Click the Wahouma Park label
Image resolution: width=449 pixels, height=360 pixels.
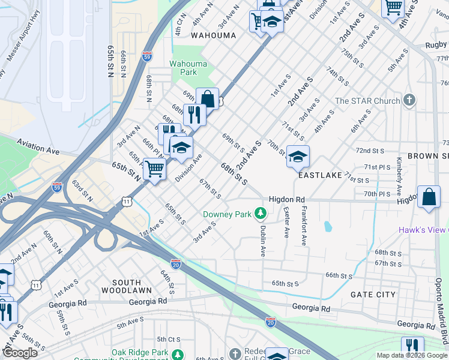[188, 68]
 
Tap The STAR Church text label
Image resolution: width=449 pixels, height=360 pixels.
[367, 101]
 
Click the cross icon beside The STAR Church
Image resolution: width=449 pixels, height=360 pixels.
[409, 100]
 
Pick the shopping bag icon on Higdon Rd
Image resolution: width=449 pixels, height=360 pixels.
[429, 197]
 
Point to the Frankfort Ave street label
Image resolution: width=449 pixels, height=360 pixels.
[304, 226]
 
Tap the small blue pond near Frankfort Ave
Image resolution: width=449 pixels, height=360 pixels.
[328, 227]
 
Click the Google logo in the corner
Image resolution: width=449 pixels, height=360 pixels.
[20, 353]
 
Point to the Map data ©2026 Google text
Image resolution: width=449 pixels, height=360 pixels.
[411, 355]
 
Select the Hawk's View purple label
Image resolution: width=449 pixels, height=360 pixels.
[424, 230]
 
